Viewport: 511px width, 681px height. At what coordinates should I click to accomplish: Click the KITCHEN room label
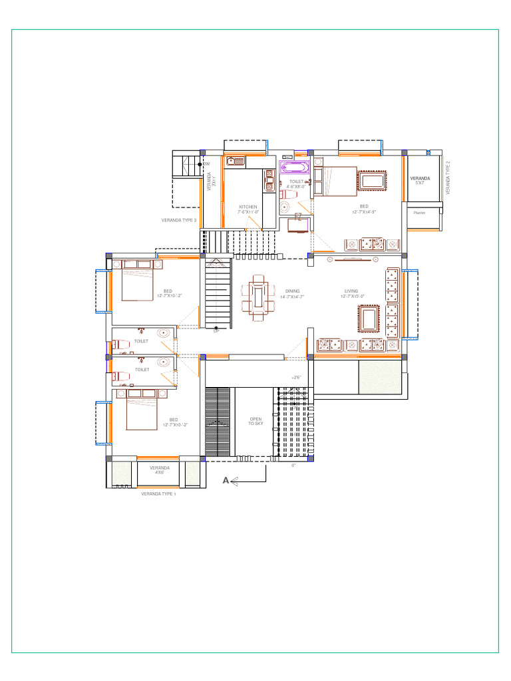248,207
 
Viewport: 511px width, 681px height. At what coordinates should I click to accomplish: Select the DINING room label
293,291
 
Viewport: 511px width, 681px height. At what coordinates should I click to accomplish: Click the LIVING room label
351,291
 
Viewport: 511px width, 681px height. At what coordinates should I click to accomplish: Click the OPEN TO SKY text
255,422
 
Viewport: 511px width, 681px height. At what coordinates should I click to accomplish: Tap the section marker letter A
226,480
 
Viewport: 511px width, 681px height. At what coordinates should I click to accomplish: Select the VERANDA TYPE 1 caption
158,494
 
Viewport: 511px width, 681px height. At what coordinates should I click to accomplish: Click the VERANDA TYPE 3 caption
178,220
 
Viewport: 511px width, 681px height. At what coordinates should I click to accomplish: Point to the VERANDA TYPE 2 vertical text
448,177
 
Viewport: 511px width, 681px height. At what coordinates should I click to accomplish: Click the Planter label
419,213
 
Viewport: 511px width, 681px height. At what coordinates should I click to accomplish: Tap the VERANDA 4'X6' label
160,470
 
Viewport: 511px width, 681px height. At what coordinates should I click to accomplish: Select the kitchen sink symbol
236,160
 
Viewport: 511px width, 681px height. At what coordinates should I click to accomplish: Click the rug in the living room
369,314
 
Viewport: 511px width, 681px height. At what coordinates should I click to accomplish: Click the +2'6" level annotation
296,377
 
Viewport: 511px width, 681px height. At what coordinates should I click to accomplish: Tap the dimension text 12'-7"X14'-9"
365,212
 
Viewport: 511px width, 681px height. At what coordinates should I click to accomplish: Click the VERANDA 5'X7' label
420,180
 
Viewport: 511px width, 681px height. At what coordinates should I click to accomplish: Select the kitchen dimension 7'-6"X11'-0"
248,212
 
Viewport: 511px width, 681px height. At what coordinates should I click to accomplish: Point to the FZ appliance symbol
298,217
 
